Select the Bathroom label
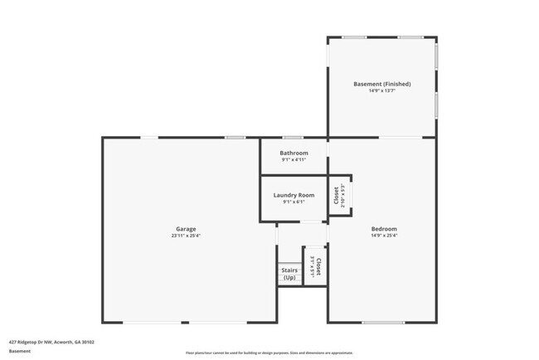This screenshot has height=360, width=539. point(294,153)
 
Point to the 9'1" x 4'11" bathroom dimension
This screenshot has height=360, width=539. point(294,160)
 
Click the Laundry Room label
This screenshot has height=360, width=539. point(294,195)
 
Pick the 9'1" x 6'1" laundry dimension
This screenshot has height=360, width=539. point(294,202)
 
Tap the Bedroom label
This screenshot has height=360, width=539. point(384,229)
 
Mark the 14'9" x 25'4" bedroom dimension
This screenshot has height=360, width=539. point(384,236)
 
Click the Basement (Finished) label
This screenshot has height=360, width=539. point(382,84)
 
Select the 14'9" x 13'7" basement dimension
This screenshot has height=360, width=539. point(382,91)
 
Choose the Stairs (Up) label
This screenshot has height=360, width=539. point(289,274)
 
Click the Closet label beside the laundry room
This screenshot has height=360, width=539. point(337,196)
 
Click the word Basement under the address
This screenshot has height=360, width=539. point(20,351)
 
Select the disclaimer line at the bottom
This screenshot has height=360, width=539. point(269,353)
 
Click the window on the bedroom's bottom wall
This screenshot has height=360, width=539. point(383,323)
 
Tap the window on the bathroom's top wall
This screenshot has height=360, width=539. point(293,138)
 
